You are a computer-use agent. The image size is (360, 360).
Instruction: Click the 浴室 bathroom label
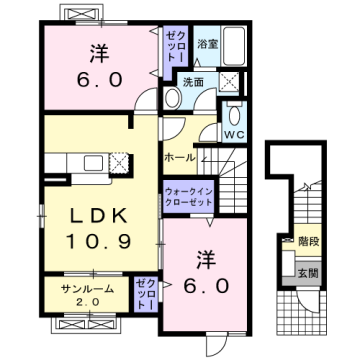click(207, 44)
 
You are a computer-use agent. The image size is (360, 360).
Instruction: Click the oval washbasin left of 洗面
click(170, 98)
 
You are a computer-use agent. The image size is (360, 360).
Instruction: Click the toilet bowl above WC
click(233, 111)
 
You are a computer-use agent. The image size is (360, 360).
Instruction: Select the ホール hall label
click(179, 157)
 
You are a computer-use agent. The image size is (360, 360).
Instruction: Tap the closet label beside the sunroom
click(147, 294)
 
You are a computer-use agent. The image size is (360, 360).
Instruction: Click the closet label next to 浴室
click(174, 46)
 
